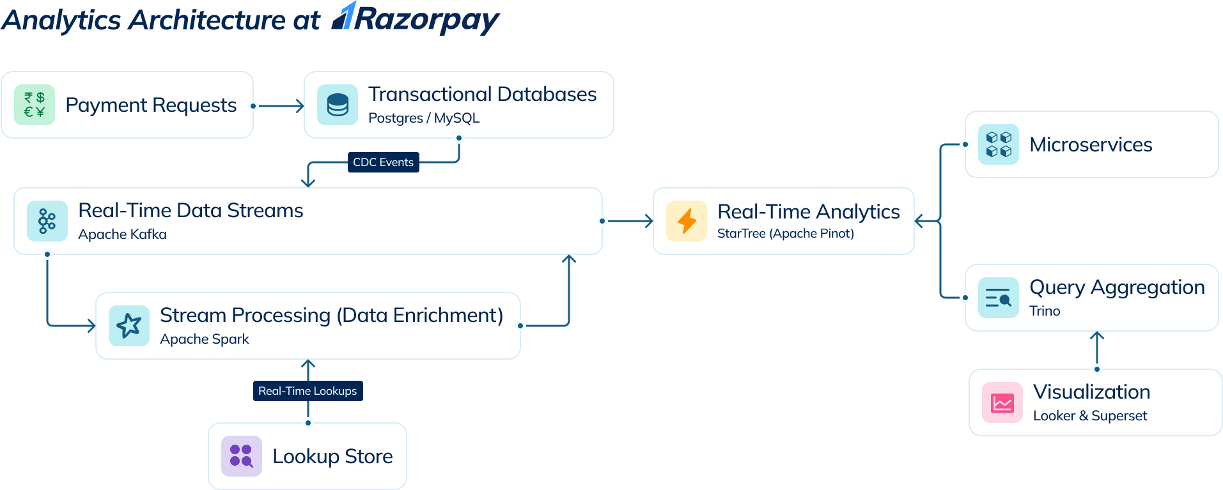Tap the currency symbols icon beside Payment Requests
click(35, 105)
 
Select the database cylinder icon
click(338, 105)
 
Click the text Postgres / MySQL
click(424, 118)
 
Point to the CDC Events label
click(383, 162)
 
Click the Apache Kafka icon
click(47, 221)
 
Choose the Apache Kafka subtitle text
click(122, 234)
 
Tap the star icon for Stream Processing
click(129, 326)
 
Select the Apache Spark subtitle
click(204, 339)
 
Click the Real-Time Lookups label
click(308, 391)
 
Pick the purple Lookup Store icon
click(242, 456)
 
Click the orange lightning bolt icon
click(687, 221)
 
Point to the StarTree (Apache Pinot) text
click(785, 234)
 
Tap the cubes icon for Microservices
click(999, 144)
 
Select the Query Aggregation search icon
click(999, 298)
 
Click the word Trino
click(1045, 311)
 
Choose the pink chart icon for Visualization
click(1002, 402)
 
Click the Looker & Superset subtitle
click(1090, 416)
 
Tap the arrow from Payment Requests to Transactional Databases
click(280, 105)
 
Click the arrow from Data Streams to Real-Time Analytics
click(629, 221)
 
